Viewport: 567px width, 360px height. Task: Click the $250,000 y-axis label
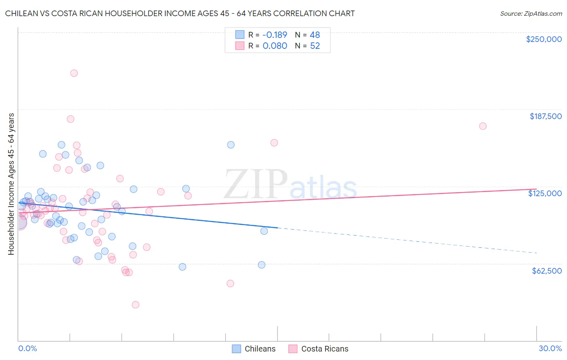pos(544,39)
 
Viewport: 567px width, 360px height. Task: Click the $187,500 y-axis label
pos(546,116)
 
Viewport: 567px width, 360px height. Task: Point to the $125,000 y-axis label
pos(545,193)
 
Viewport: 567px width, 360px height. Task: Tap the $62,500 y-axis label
pos(547,271)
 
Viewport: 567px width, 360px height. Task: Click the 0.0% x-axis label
pos(27,348)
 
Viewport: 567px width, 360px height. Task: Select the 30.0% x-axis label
pos(550,348)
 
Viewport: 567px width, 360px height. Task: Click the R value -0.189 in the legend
pos(275,35)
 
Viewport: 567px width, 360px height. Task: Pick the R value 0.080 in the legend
pos(275,46)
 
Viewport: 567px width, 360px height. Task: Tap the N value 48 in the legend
pos(315,35)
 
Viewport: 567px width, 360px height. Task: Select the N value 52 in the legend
pos(315,46)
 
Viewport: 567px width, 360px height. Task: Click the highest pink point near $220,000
pos(74,73)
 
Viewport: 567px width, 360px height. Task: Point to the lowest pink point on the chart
pos(135,305)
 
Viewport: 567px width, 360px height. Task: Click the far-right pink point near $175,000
pos(483,126)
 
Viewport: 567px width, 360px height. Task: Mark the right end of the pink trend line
pos(536,189)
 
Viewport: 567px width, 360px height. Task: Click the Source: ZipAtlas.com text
pos(531,14)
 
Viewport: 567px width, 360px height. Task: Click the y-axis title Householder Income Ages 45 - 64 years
pos(11,184)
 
